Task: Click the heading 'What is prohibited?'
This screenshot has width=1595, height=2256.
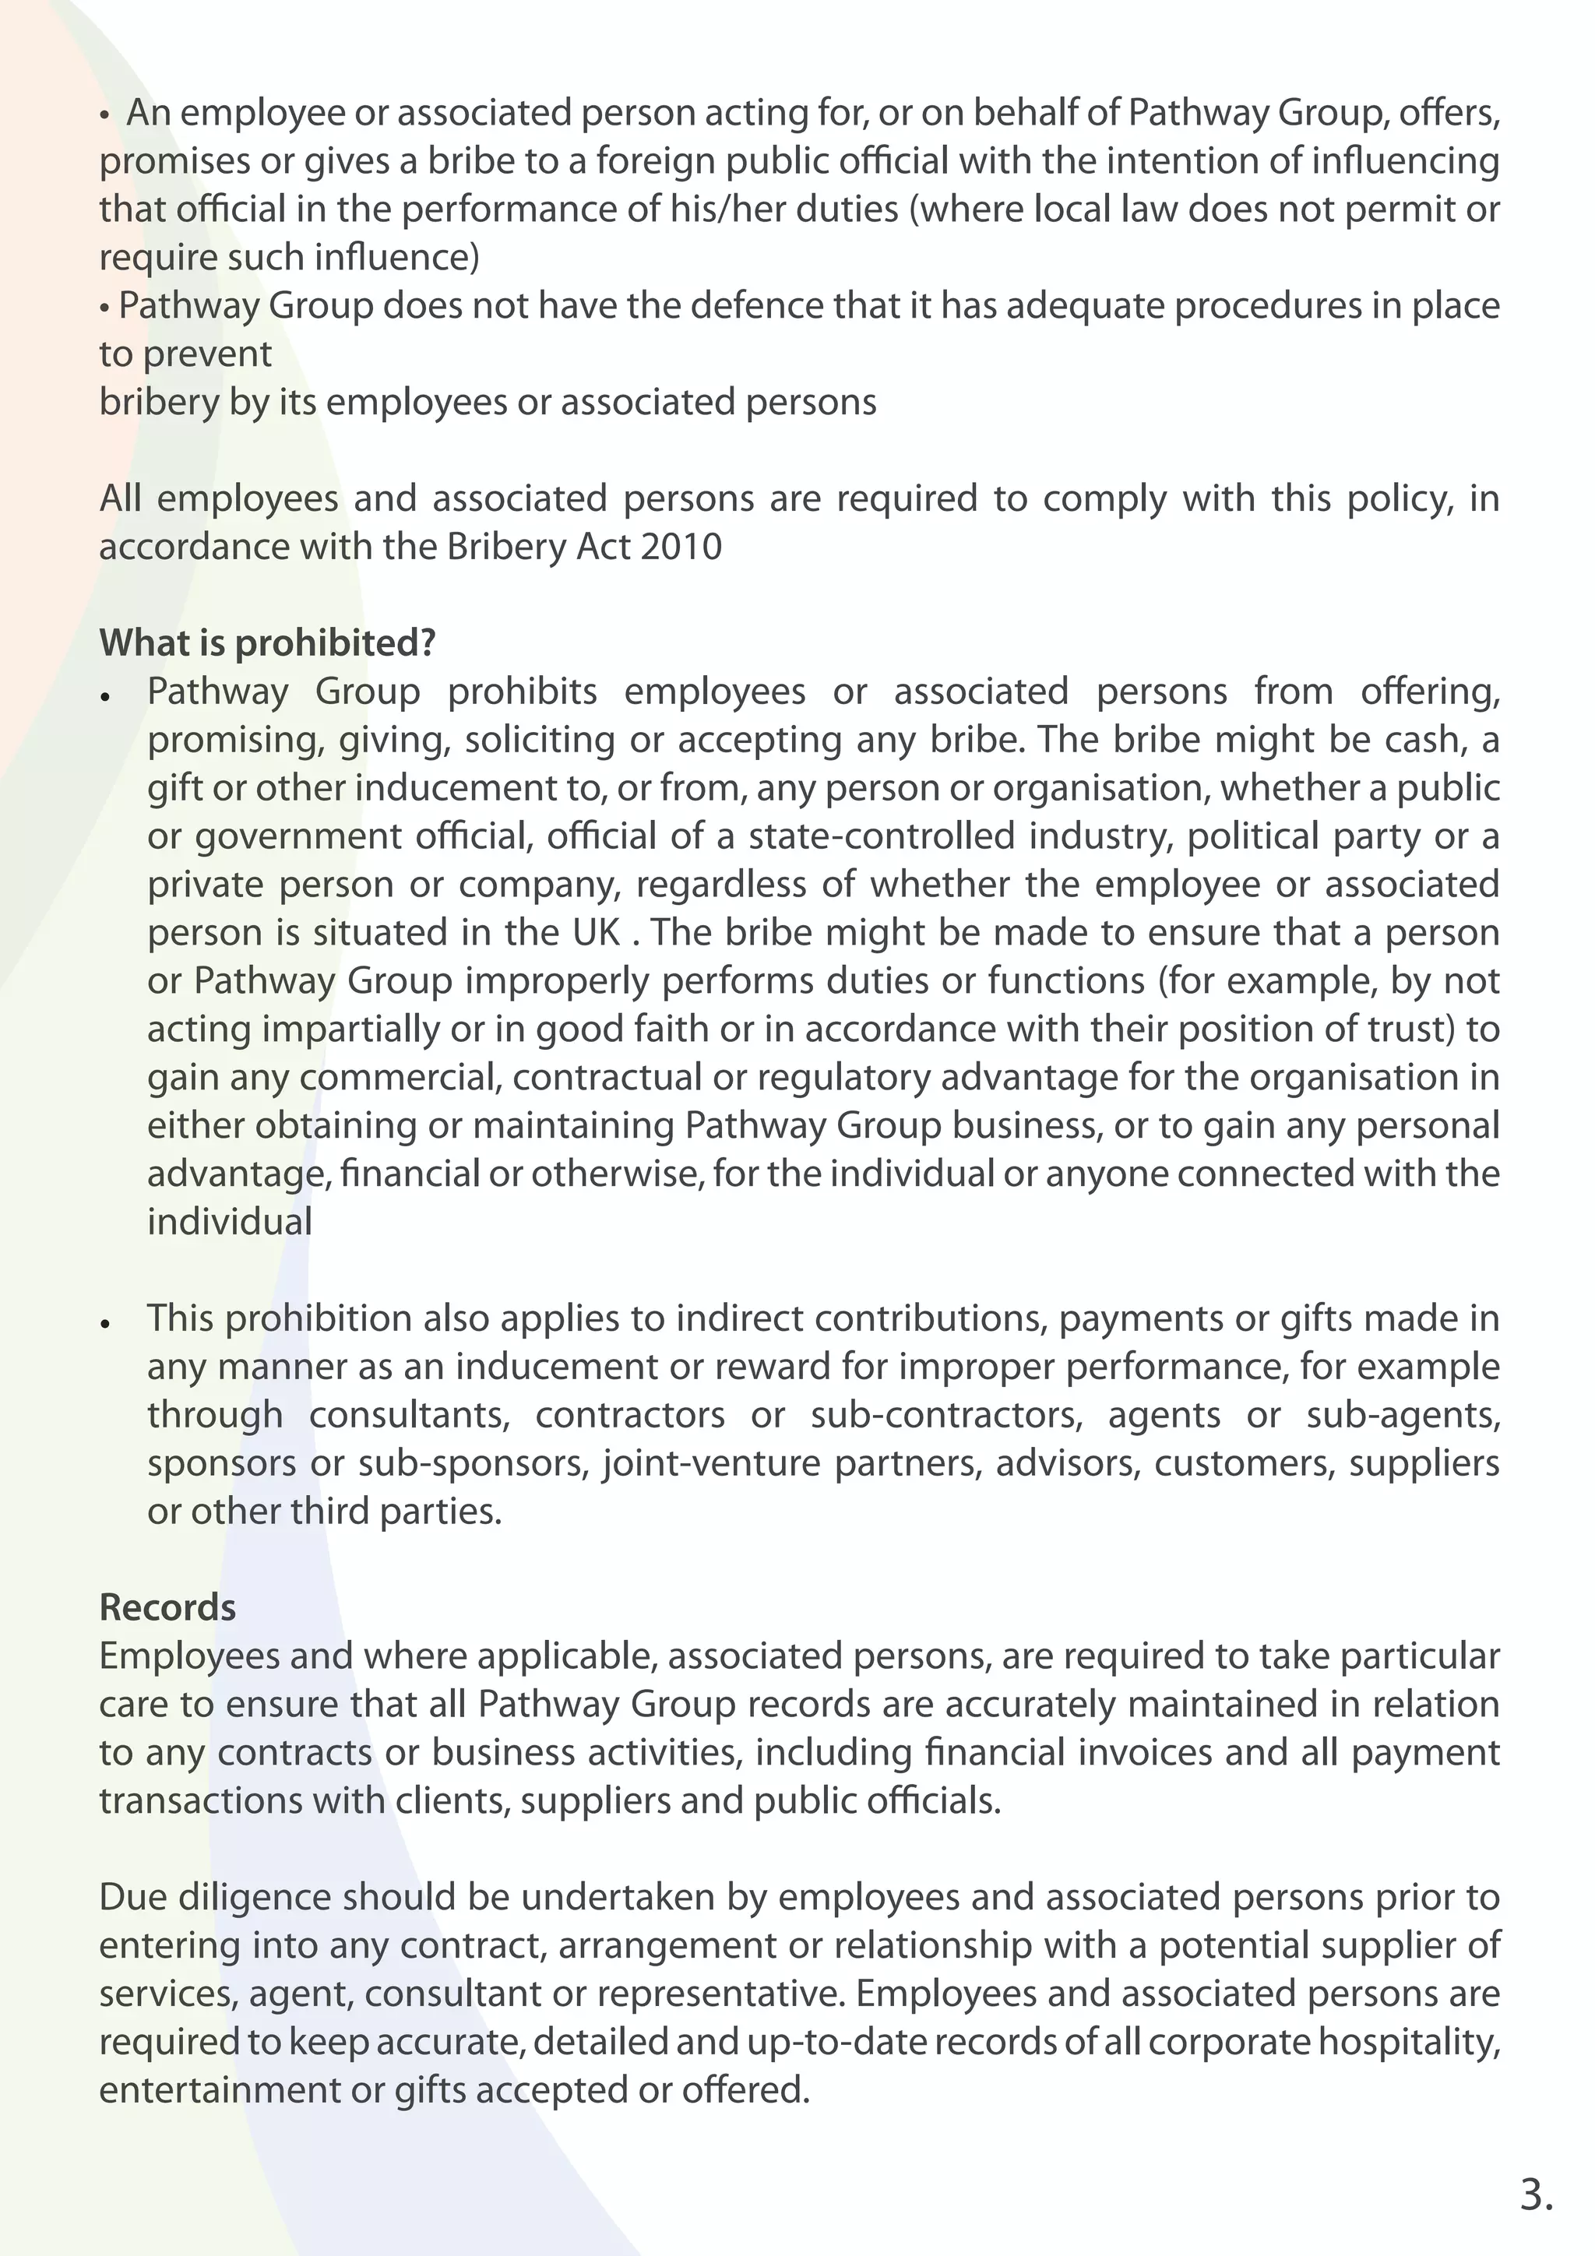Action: coord(267,643)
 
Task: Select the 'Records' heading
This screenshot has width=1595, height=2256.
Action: coord(168,1607)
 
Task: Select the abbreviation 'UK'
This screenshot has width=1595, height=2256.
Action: coord(596,932)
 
